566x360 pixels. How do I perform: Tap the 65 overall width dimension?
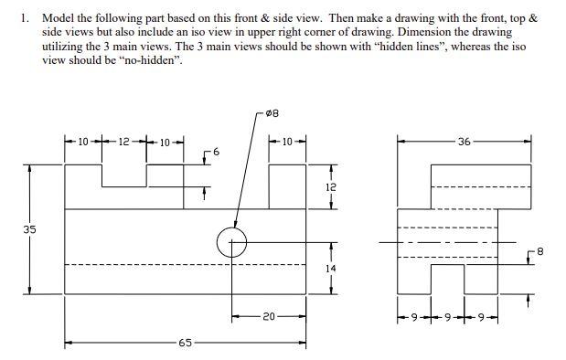point(185,343)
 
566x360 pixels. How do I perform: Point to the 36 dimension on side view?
point(465,142)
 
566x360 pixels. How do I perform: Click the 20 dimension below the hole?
point(268,316)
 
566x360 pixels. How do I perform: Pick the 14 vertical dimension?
point(330,269)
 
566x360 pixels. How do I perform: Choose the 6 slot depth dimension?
point(217,149)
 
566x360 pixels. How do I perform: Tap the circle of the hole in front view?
point(231,243)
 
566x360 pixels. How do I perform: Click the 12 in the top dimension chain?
point(125,142)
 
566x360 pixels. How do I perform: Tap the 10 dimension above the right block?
point(286,142)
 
